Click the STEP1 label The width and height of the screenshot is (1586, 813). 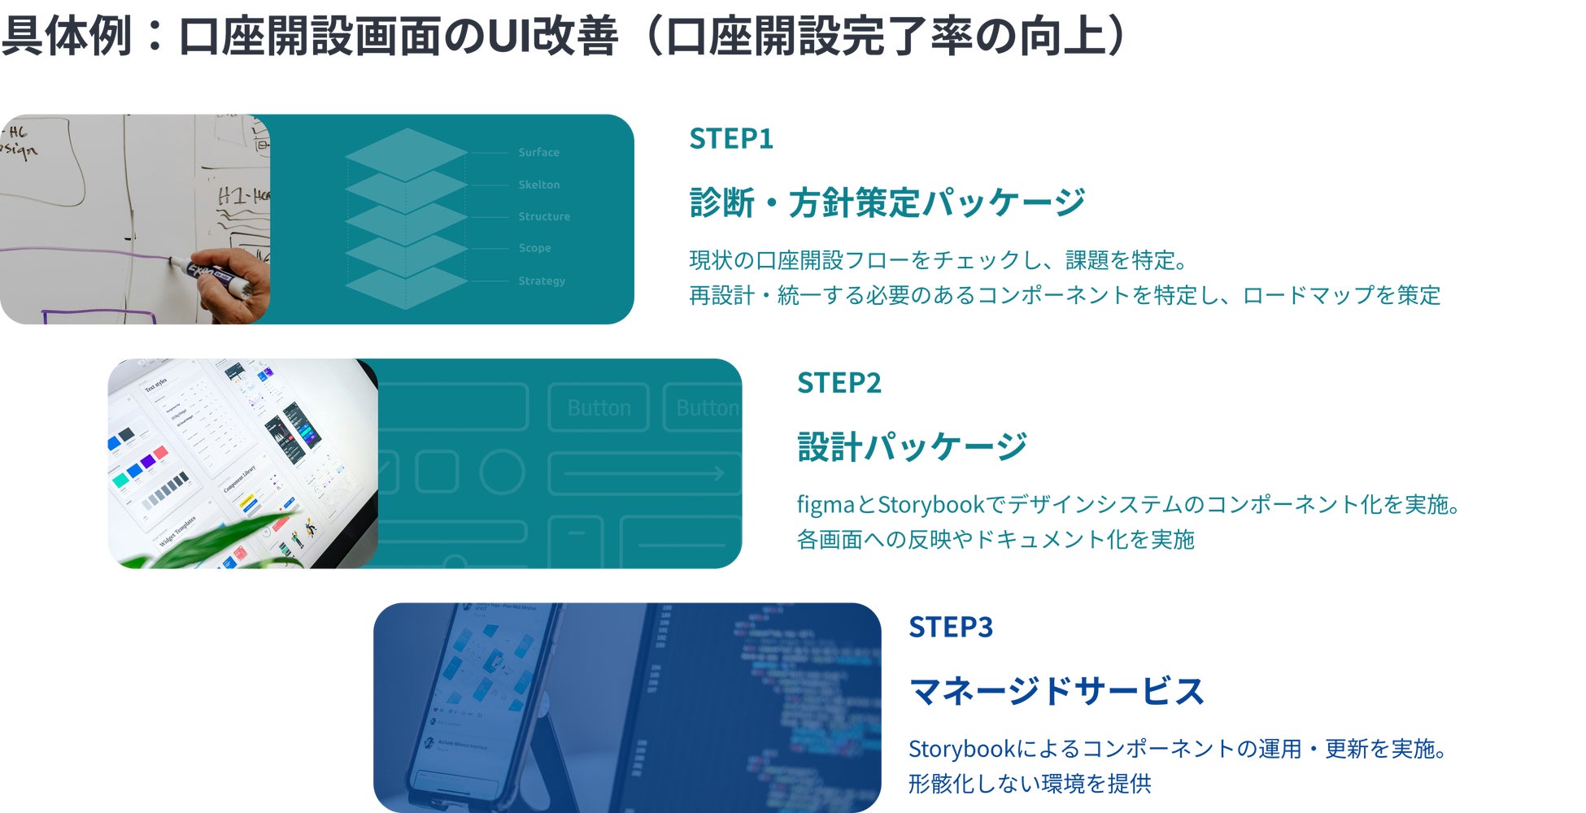point(730,139)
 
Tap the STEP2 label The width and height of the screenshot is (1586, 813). point(839,383)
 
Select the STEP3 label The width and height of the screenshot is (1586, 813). point(950,628)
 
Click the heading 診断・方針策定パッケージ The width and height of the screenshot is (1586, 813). point(887,202)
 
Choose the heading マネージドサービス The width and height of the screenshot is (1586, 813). point(1056,692)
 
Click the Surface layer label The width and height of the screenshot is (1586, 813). point(538,153)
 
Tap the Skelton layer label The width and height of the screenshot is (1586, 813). point(538,185)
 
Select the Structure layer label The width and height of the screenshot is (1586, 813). point(544,217)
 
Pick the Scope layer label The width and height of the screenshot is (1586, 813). point(534,248)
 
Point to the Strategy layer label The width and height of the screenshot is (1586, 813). point(542,280)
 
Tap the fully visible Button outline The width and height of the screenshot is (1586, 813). point(599,407)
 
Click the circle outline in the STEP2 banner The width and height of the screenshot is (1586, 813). point(502,472)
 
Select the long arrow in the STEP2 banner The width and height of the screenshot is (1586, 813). point(643,473)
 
